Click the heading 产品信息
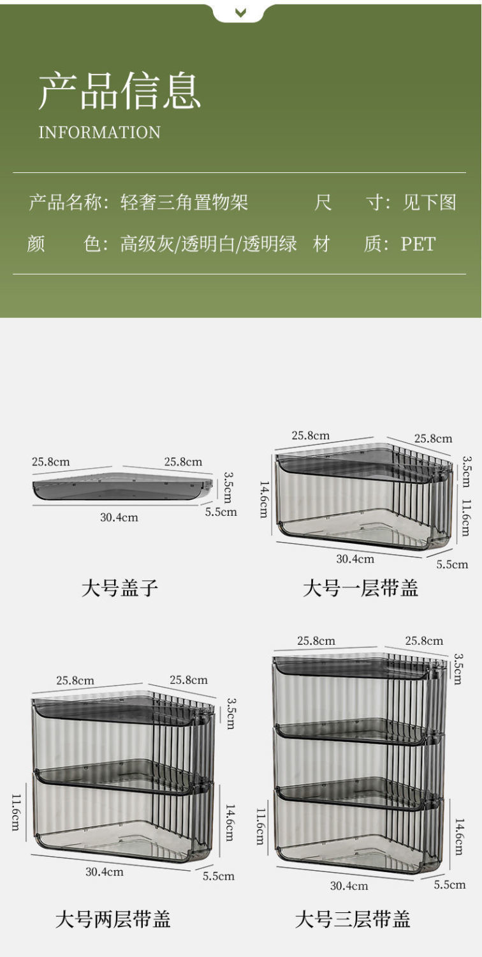coord(119,91)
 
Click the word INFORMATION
coord(99,133)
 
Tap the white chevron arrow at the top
coord(240,12)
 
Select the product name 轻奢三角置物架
coord(184,203)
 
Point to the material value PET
coord(418,244)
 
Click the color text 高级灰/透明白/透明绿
coord(208,244)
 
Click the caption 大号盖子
coord(119,587)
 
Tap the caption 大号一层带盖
coord(360,587)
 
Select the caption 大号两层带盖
coord(113,919)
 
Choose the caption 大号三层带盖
coord(353,919)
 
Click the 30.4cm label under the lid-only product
coord(119,517)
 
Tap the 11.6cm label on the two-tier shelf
coord(15,812)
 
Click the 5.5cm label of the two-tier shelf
coord(219,876)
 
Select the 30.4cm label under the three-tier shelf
coord(349,885)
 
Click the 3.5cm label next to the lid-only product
coord(228,487)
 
